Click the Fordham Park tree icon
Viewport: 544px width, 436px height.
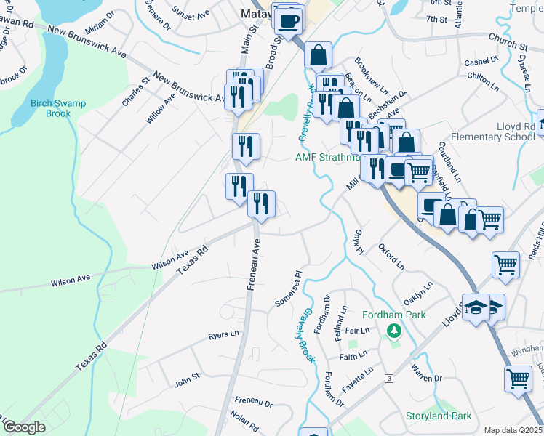coord(394,332)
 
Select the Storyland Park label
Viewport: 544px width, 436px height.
coord(439,416)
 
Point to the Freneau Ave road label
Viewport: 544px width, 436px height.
coord(254,266)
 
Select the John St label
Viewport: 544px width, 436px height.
coord(187,378)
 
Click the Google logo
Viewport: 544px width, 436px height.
coord(24,427)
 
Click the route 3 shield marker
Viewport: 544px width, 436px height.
coord(390,379)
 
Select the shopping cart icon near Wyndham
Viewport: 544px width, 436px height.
coord(518,379)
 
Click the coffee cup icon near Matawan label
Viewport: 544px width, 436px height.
coord(289,20)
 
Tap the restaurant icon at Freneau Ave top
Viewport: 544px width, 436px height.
coord(261,206)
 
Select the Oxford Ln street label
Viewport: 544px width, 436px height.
coord(391,257)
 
